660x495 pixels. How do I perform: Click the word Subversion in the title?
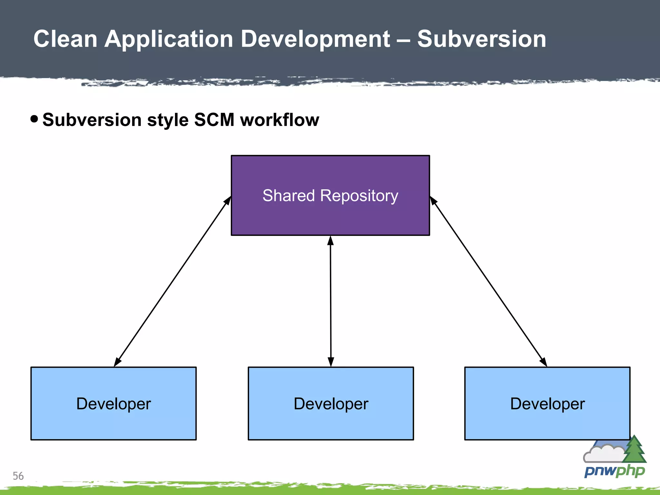click(481, 39)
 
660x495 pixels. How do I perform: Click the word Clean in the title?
click(65, 39)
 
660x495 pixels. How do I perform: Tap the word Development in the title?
click(315, 39)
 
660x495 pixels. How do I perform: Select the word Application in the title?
click(169, 39)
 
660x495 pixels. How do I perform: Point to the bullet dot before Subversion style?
click(34, 119)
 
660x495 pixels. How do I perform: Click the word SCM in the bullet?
click(214, 120)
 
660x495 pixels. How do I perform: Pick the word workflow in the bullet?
click(279, 120)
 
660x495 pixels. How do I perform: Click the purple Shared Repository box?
click(330, 216)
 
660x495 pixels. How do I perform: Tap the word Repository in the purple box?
click(359, 196)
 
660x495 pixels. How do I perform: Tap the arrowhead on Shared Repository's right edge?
click(433, 201)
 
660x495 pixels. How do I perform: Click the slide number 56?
click(18, 476)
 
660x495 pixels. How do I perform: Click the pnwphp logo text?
click(614, 471)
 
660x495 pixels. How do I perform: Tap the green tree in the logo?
click(634, 450)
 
